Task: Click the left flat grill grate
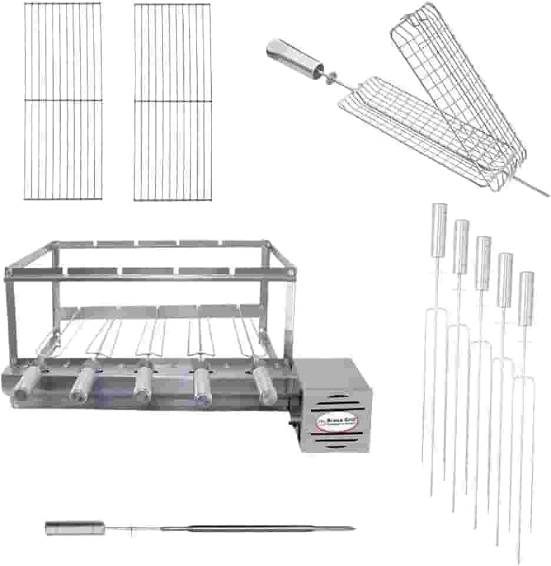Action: pyautogui.click(x=63, y=101)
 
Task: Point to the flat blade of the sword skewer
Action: pyautogui.click(x=247, y=528)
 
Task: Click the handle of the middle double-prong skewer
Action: pyautogui.click(x=483, y=254)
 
